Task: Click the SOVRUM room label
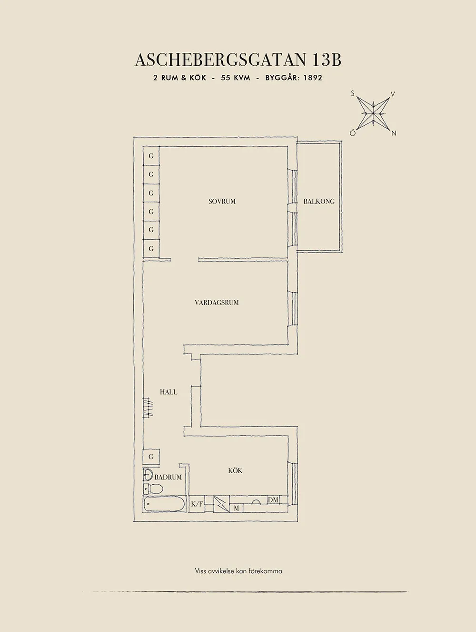222,201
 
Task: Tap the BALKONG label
319,201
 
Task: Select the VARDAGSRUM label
217,302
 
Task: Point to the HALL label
169,392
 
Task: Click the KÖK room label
235,470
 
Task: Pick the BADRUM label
168,477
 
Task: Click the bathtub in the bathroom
163,504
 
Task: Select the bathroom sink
148,475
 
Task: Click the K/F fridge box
197,504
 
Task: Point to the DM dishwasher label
273,499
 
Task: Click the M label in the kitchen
236,508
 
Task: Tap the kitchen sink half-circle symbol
256,502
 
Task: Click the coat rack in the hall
149,408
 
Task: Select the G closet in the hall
151,457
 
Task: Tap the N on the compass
394,134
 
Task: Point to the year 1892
311,78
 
